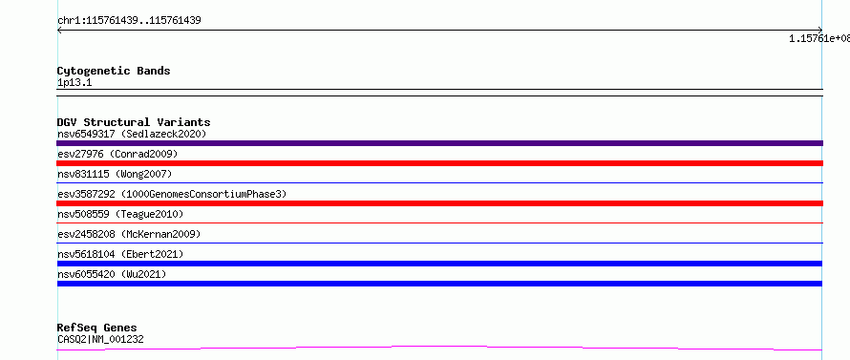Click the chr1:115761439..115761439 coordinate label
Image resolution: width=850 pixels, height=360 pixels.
(x=129, y=21)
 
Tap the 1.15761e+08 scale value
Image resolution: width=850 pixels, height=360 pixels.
(x=819, y=38)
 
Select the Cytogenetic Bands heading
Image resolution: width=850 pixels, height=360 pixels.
(x=114, y=71)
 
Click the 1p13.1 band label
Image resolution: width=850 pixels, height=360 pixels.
(x=74, y=82)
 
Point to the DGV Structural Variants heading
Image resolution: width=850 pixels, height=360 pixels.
(x=134, y=122)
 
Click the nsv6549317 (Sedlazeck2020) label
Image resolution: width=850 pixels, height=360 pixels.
(x=132, y=134)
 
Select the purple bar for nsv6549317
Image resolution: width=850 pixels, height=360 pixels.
(x=439, y=143)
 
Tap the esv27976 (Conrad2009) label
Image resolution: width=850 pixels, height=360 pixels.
(x=117, y=154)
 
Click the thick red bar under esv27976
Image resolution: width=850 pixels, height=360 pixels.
(x=439, y=163)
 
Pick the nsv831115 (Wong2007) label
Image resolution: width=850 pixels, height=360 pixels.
(x=115, y=174)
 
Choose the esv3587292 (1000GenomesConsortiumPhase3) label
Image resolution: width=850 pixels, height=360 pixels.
(x=172, y=194)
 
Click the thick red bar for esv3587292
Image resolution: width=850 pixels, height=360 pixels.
(x=439, y=203)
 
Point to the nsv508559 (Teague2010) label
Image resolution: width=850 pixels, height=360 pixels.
(x=120, y=214)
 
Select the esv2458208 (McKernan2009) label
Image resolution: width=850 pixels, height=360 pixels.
(x=129, y=234)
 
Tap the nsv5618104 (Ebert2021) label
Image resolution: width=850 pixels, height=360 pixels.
(x=120, y=254)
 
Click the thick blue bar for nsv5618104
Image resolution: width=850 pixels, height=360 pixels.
(x=439, y=264)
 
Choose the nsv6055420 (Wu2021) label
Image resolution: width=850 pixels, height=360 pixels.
(x=112, y=274)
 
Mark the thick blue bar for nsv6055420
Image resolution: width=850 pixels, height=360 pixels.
(x=439, y=284)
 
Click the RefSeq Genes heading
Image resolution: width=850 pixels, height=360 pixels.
(x=96, y=328)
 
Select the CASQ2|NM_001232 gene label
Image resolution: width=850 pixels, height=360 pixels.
(x=100, y=339)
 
